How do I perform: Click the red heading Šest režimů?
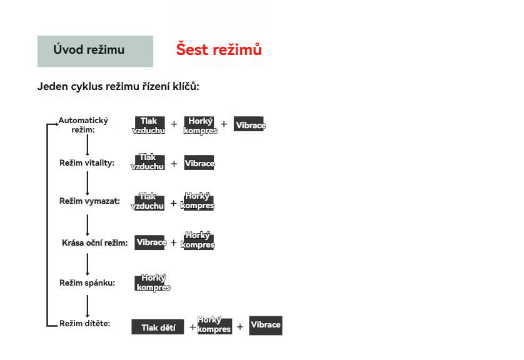click(219, 49)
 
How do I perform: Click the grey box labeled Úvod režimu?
click(95, 51)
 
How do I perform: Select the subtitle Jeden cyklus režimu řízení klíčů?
click(118, 86)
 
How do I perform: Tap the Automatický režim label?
click(83, 125)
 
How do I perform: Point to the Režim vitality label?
click(87, 163)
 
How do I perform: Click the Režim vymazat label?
click(89, 201)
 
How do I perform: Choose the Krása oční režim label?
click(94, 242)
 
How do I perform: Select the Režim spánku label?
click(87, 283)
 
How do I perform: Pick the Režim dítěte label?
click(85, 324)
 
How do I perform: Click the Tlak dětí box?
click(158, 327)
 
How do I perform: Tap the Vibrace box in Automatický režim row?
click(249, 124)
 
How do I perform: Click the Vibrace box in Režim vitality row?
click(199, 163)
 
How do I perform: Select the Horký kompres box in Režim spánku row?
click(153, 283)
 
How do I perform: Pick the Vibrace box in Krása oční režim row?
click(151, 242)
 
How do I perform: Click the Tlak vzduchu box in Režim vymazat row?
click(148, 201)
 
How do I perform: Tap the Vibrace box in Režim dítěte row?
click(266, 326)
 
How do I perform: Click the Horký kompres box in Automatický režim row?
click(200, 125)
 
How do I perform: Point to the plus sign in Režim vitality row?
click(174, 164)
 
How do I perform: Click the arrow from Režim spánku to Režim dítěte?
click(88, 306)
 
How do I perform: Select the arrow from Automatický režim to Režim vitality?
click(88, 145)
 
